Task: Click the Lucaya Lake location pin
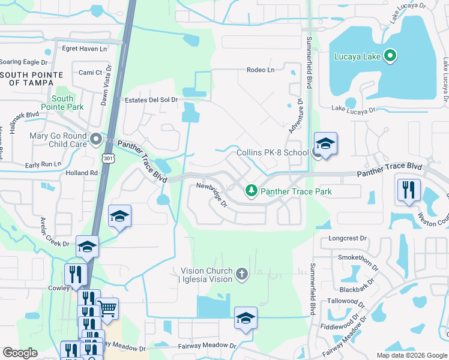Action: point(390,57)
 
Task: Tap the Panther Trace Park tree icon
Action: point(252,191)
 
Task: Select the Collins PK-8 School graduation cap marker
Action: point(325,144)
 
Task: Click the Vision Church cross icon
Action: point(242,274)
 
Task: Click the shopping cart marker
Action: point(107,309)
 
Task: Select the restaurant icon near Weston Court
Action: point(408,191)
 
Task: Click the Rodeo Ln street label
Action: point(260,70)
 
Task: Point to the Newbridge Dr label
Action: point(212,195)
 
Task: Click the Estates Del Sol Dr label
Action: point(151,100)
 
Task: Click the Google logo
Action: point(20,352)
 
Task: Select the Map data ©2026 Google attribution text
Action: point(411,355)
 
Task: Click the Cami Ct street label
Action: point(91,72)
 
